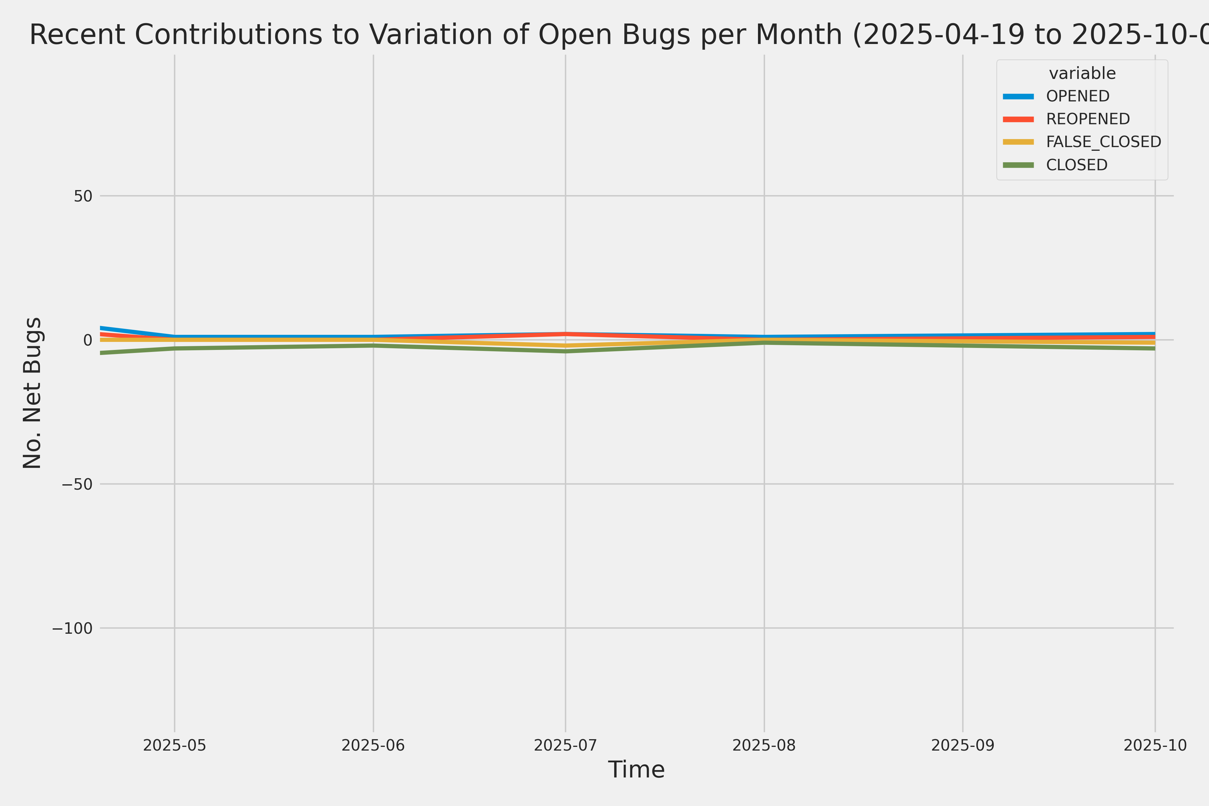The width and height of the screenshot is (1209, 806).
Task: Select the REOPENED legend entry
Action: pyautogui.click(x=1088, y=119)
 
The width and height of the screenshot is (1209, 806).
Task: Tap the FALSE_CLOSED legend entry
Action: pyautogui.click(x=1103, y=142)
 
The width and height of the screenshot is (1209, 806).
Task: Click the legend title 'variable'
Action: pyautogui.click(x=1082, y=74)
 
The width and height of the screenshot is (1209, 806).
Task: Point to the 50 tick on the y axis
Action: pyautogui.click(x=83, y=196)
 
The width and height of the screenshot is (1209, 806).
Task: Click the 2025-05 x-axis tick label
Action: pyautogui.click(x=174, y=745)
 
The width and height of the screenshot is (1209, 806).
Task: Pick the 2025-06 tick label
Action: pyautogui.click(x=373, y=745)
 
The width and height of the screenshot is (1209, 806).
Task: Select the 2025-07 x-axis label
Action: pyautogui.click(x=566, y=745)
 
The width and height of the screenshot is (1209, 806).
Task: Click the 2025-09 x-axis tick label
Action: pyautogui.click(x=963, y=745)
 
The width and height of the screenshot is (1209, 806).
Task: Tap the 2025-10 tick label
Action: pyautogui.click(x=1155, y=745)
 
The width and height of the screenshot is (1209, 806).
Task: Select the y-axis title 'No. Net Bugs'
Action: pyautogui.click(x=32, y=393)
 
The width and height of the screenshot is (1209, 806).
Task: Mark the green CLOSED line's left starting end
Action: pyautogui.click(x=101, y=353)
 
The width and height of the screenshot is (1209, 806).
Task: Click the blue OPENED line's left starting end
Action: pyautogui.click(x=101, y=327)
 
